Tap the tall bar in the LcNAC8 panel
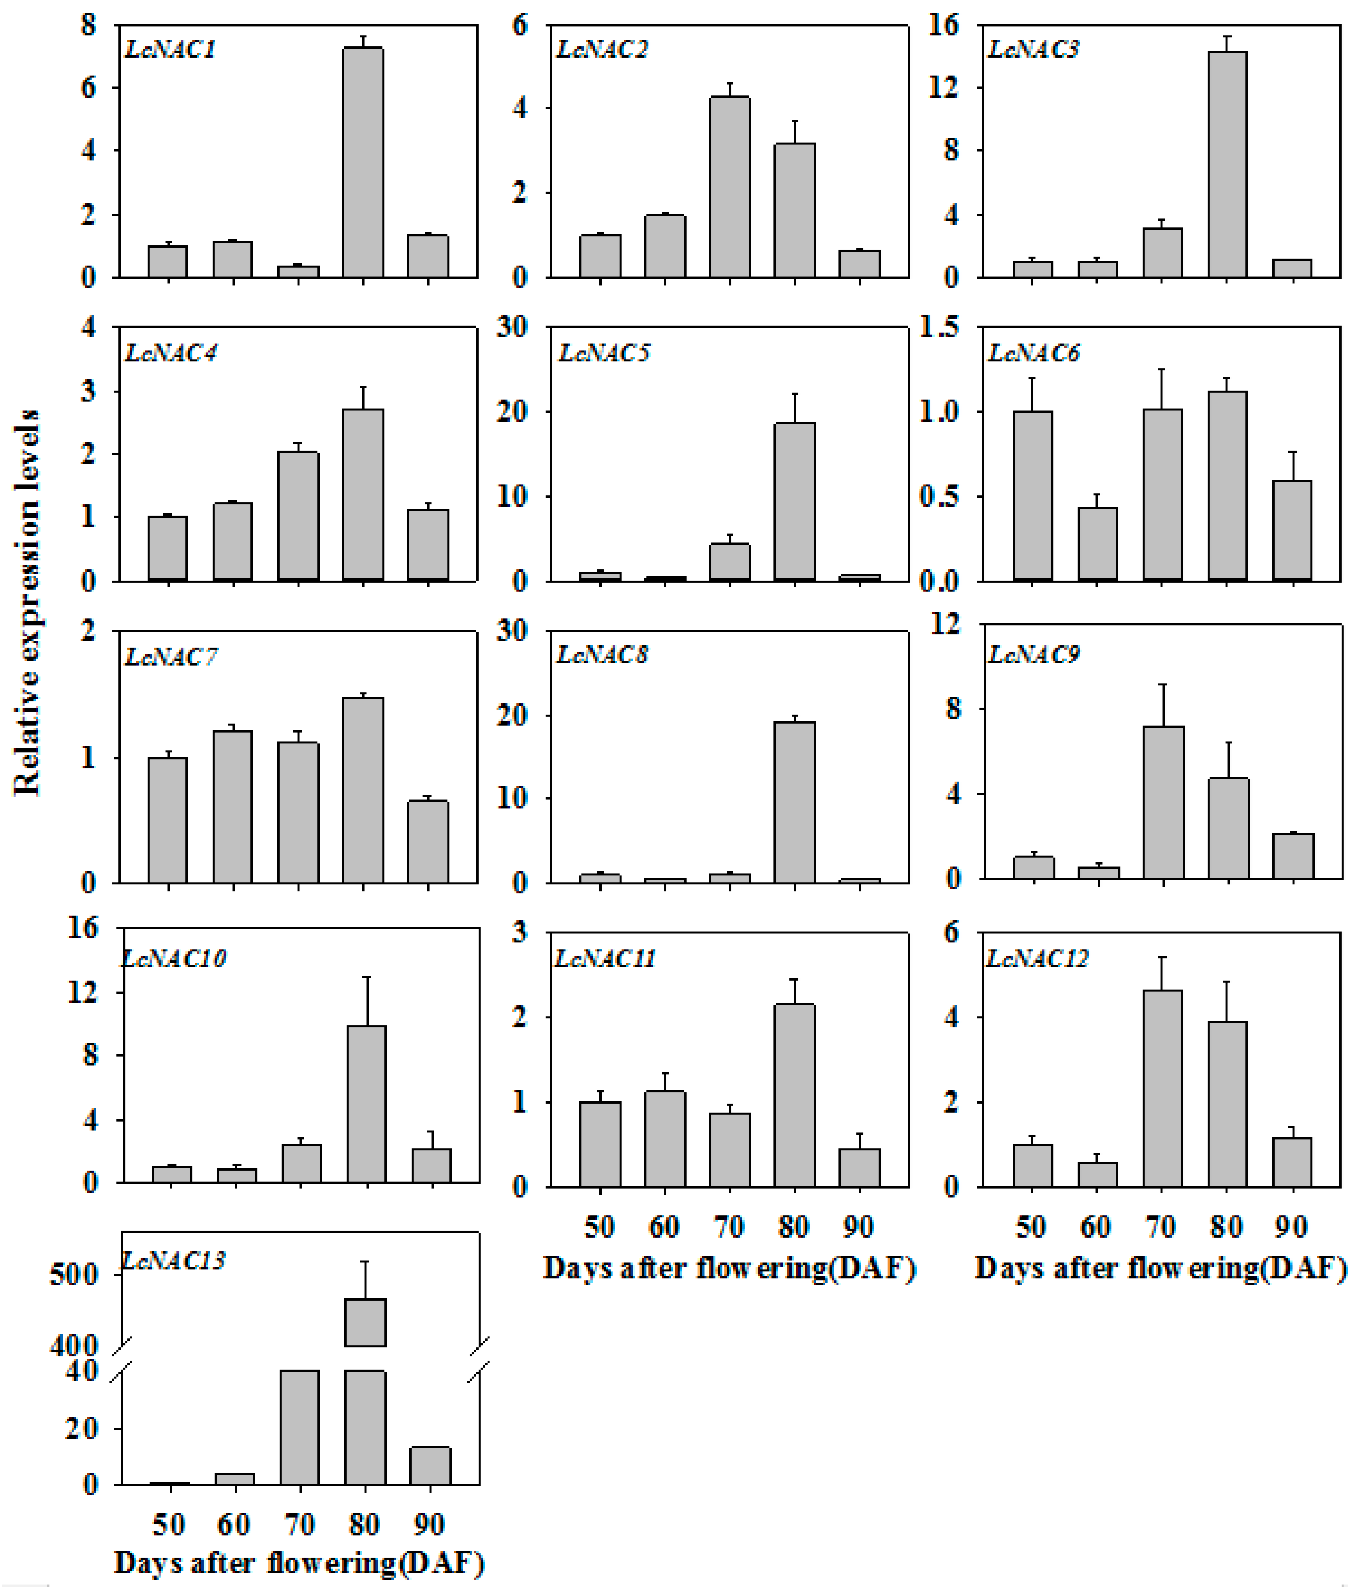pos(794,802)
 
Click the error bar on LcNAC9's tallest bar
pos(1163,704)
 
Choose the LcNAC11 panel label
pos(605,959)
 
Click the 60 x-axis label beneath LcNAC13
pos(233,1523)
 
